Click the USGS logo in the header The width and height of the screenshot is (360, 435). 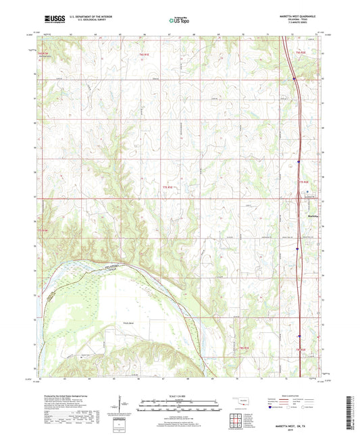tap(53, 20)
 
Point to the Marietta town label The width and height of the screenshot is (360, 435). tap(312, 215)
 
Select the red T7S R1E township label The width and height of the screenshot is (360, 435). tap(168, 186)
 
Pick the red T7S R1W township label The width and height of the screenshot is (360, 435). tap(43, 231)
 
